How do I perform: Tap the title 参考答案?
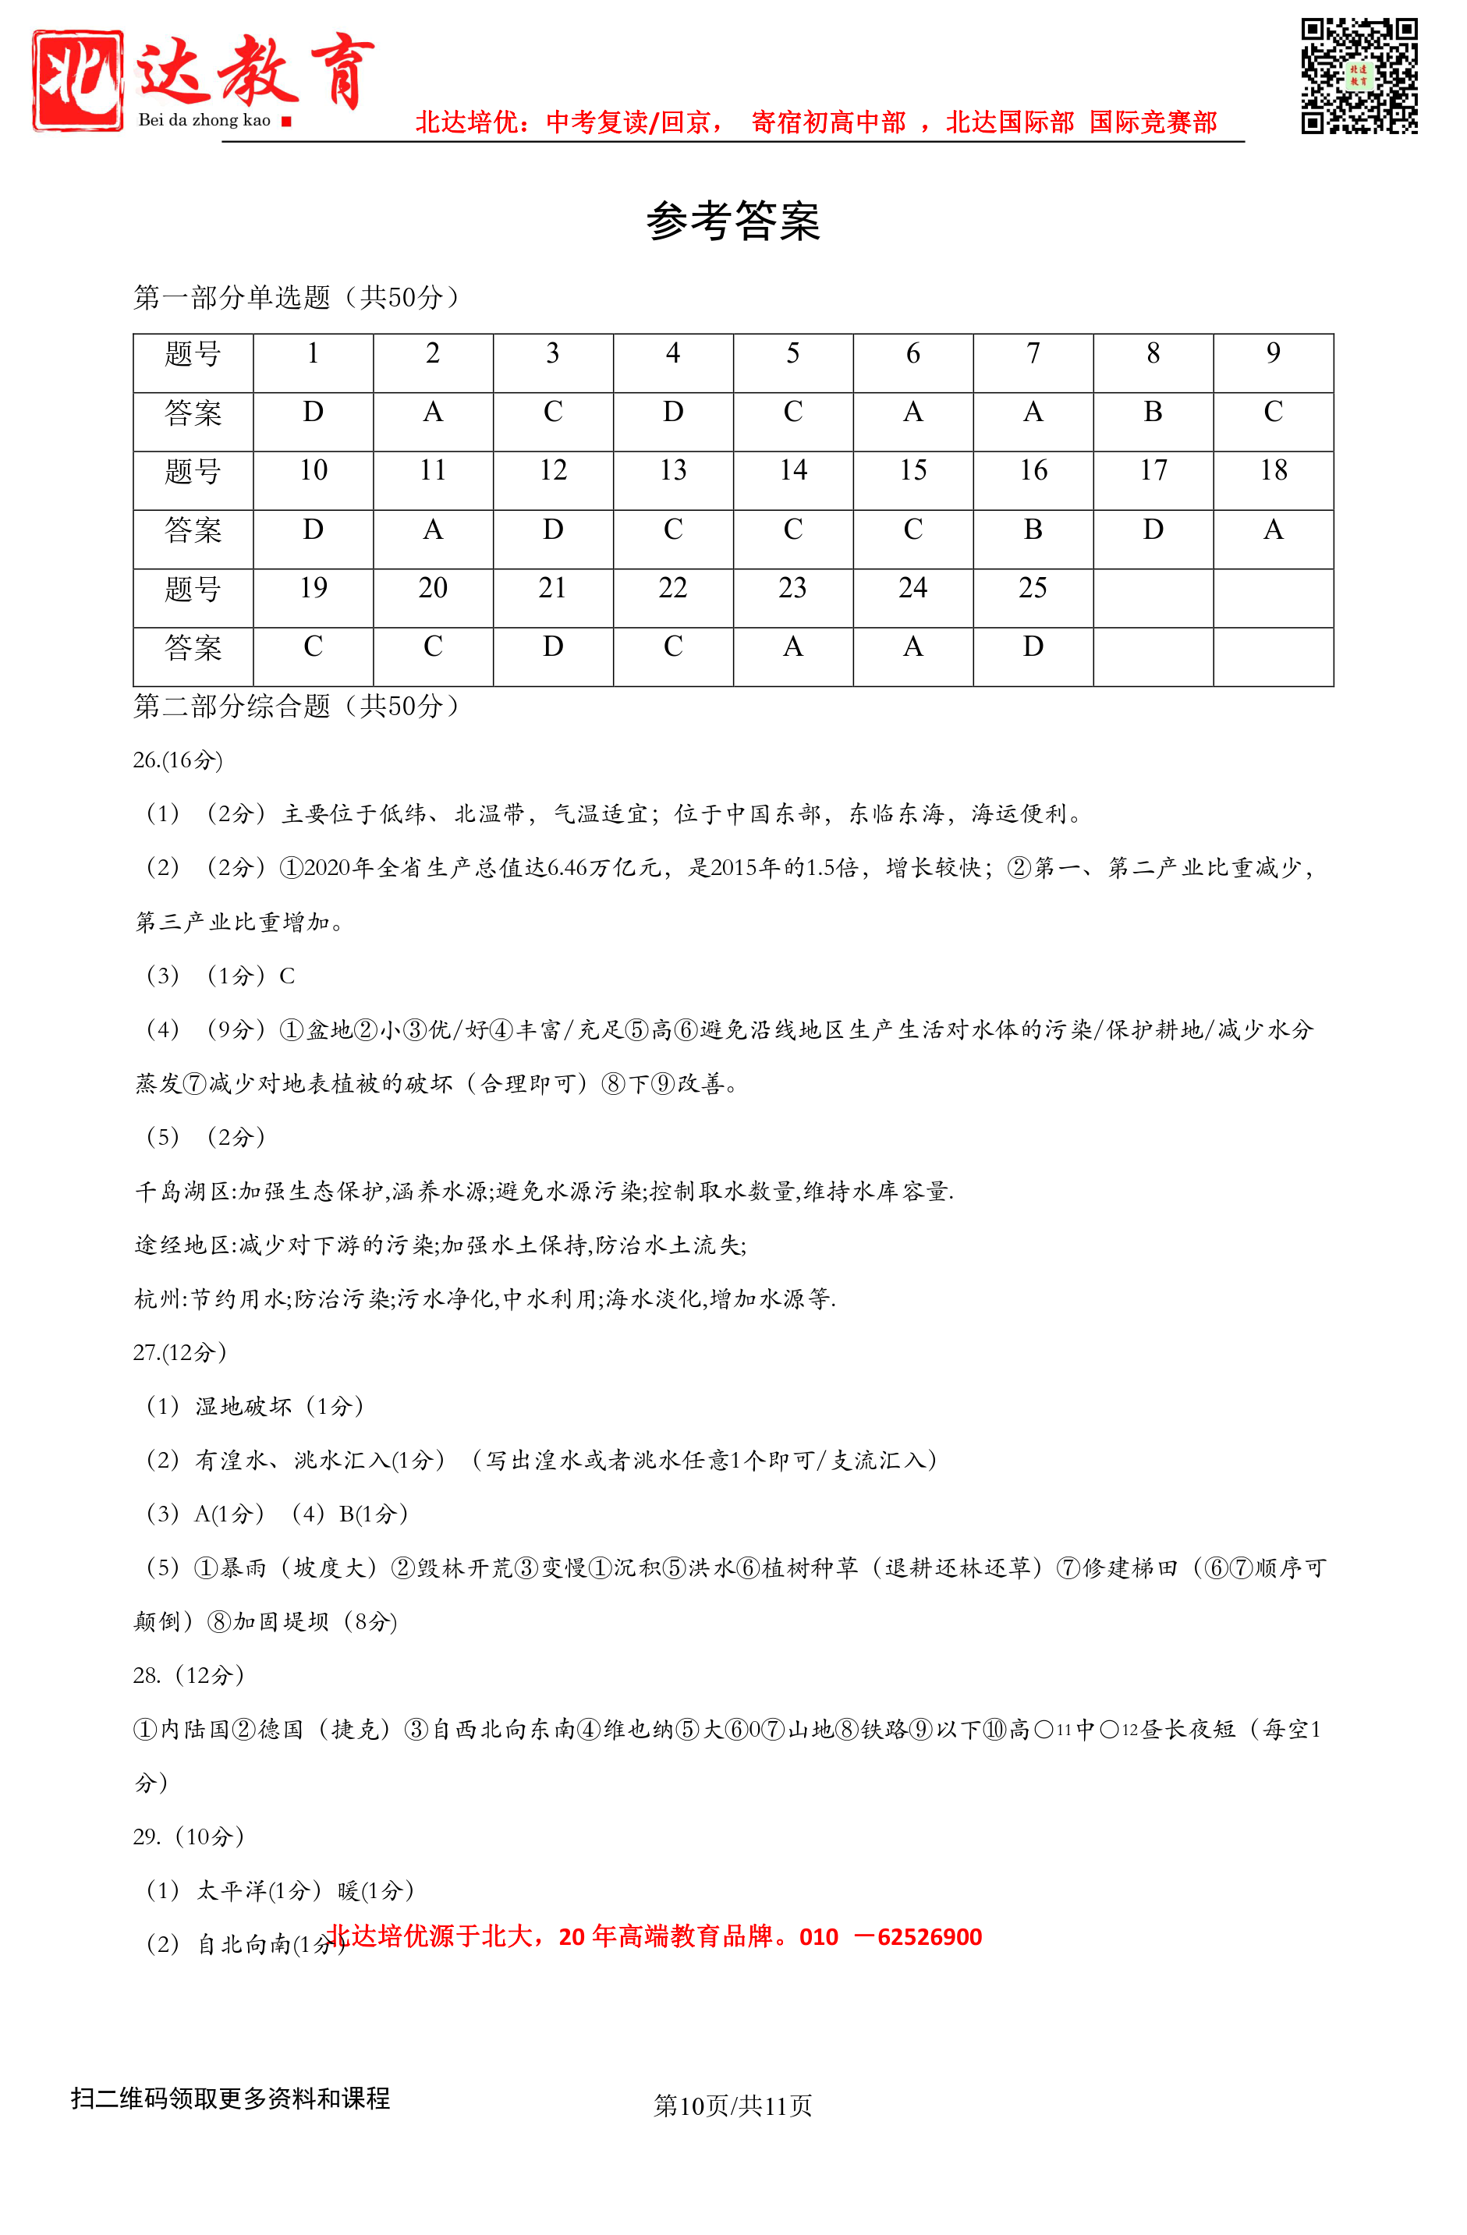click(x=732, y=221)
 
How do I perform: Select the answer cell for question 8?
click(x=1153, y=413)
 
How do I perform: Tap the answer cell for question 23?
click(x=792, y=647)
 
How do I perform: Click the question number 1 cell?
click(x=313, y=354)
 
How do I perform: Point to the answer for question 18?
click(x=1273, y=530)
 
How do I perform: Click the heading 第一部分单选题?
click(x=297, y=298)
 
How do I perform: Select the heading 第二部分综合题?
click(x=297, y=707)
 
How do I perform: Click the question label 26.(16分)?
click(x=178, y=760)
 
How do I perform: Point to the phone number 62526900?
click(x=929, y=1936)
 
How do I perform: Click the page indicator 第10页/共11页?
click(x=732, y=2106)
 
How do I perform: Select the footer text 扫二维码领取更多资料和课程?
click(x=230, y=2099)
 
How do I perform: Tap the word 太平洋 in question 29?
click(x=231, y=1890)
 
